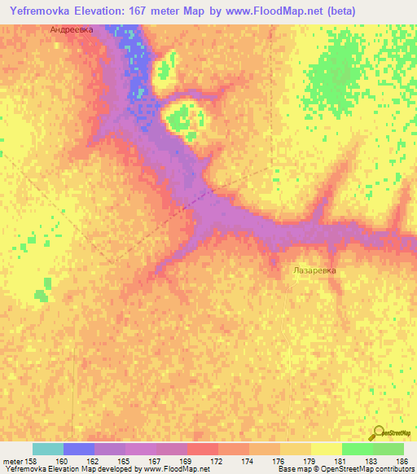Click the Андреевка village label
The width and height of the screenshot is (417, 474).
tap(72, 29)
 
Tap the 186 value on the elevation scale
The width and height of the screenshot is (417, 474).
tap(402, 460)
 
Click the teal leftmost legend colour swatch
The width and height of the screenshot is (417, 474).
tap(47, 449)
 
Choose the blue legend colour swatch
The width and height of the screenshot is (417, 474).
tap(78, 449)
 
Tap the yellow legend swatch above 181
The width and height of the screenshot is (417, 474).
tap(326, 449)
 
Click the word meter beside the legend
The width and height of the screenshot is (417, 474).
tap(13, 460)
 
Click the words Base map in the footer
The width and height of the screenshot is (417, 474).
tap(292, 469)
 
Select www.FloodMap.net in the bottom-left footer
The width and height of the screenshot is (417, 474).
tap(173, 469)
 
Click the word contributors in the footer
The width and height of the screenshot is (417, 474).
tap(394, 469)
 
